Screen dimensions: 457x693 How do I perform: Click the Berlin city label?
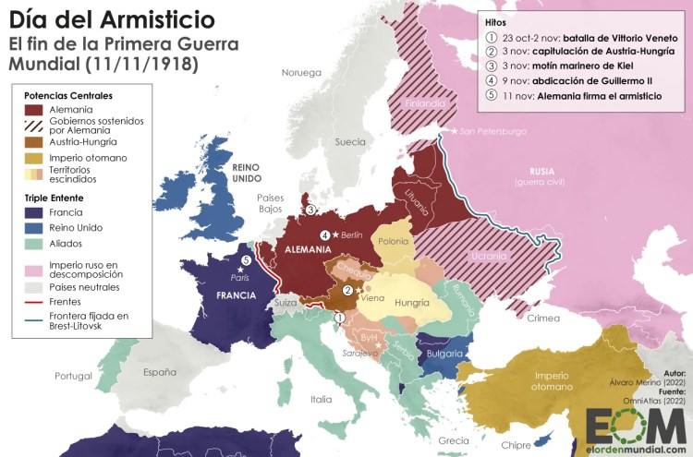[352, 235]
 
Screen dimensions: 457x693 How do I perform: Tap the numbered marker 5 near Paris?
[246, 260]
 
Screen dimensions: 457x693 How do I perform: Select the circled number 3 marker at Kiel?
[310, 210]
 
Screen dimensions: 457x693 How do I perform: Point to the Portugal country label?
[73, 376]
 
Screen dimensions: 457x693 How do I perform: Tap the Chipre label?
[516, 445]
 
